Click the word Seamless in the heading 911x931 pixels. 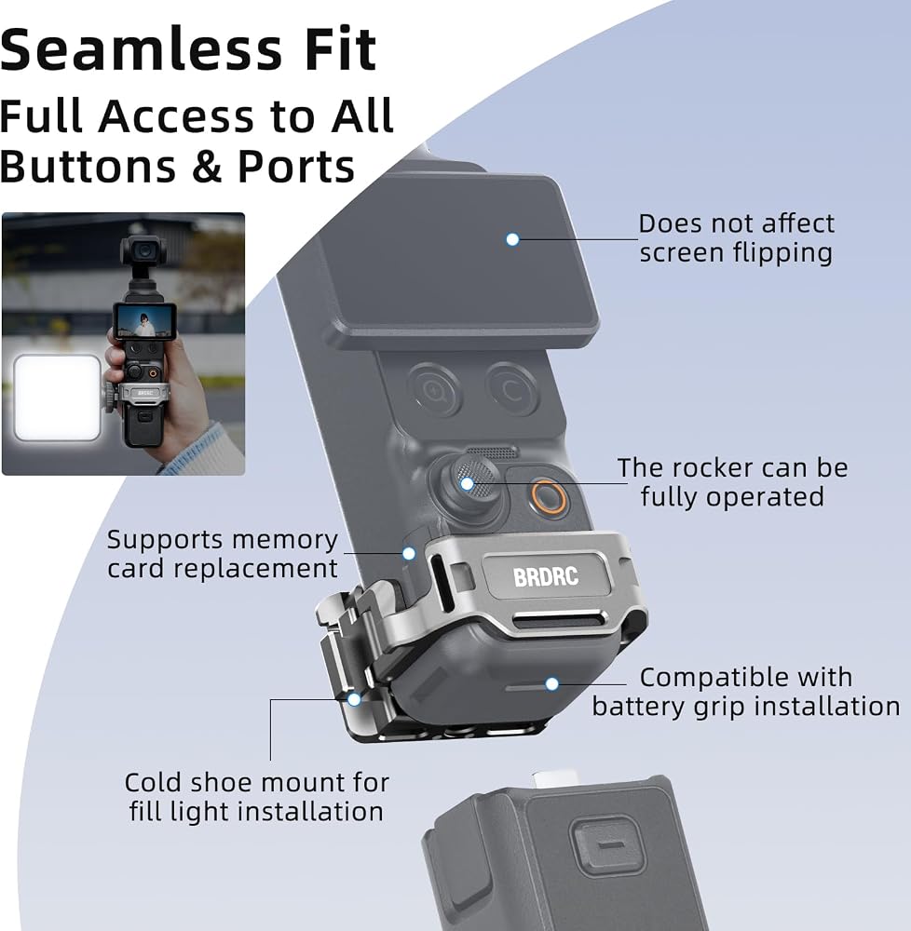(141, 49)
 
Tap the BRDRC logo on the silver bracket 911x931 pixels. (545, 576)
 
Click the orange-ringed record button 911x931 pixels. (547, 496)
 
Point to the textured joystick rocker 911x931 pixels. (472, 480)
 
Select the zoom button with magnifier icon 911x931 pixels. (434, 390)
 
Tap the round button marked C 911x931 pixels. (512, 389)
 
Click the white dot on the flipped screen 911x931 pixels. (512, 239)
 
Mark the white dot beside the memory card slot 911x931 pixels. (409, 553)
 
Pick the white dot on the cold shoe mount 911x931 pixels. (354, 699)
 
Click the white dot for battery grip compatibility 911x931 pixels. (551, 684)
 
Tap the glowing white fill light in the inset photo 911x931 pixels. (57, 398)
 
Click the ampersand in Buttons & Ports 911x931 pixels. (207, 167)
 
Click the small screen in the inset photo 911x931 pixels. (144, 321)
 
